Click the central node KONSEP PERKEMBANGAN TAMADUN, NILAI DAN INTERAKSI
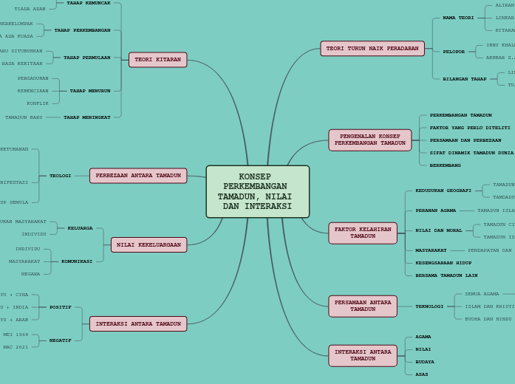(x=257, y=191)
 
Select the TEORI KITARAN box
(x=157, y=60)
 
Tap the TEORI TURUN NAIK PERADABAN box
(x=372, y=49)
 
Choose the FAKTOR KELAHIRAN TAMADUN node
(x=362, y=233)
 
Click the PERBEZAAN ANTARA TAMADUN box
(x=138, y=176)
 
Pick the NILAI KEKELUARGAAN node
(x=149, y=244)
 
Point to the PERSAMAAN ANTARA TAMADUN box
(x=362, y=306)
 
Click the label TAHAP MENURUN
(x=90, y=91)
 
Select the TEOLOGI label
(x=61, y=176)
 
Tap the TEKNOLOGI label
(x=429, y=306)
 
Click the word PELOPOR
(x=454, y=52)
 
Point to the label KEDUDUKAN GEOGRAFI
(x=443, y=191)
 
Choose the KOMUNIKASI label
(x=77, y=261)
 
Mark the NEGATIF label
(x=61, y=340)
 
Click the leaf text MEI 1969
(x=16, y=335)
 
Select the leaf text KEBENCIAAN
(x=33, y=91)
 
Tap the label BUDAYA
(x=425, y=362)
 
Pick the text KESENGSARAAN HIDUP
(x=443, y=263)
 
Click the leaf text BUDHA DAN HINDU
(x=488, y=319)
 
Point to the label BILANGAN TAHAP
(x=465, y=79)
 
